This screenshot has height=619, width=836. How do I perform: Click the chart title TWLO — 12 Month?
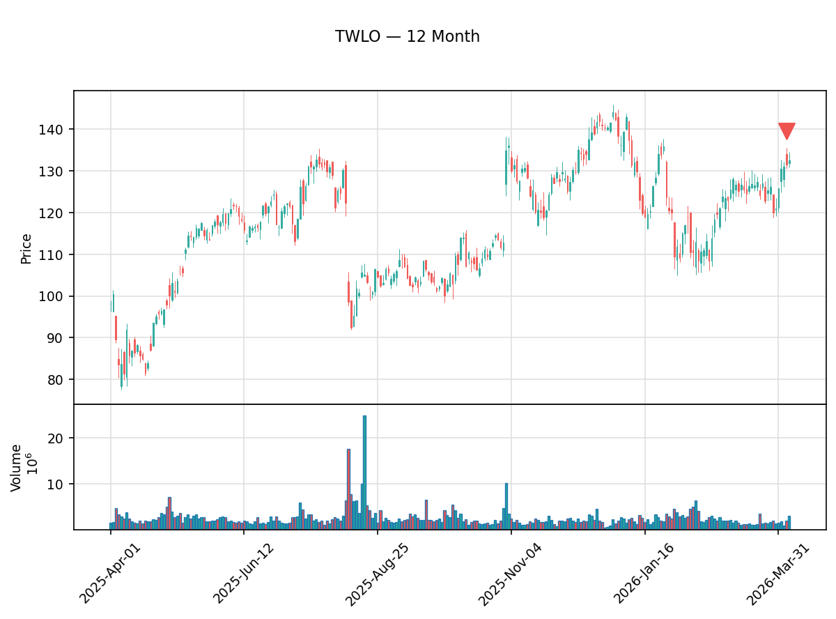pos(407,37)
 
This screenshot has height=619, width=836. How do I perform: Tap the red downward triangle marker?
pos(787,131)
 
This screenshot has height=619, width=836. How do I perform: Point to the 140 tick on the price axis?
pos(56,130)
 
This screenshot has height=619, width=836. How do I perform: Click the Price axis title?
pos(26,248)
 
